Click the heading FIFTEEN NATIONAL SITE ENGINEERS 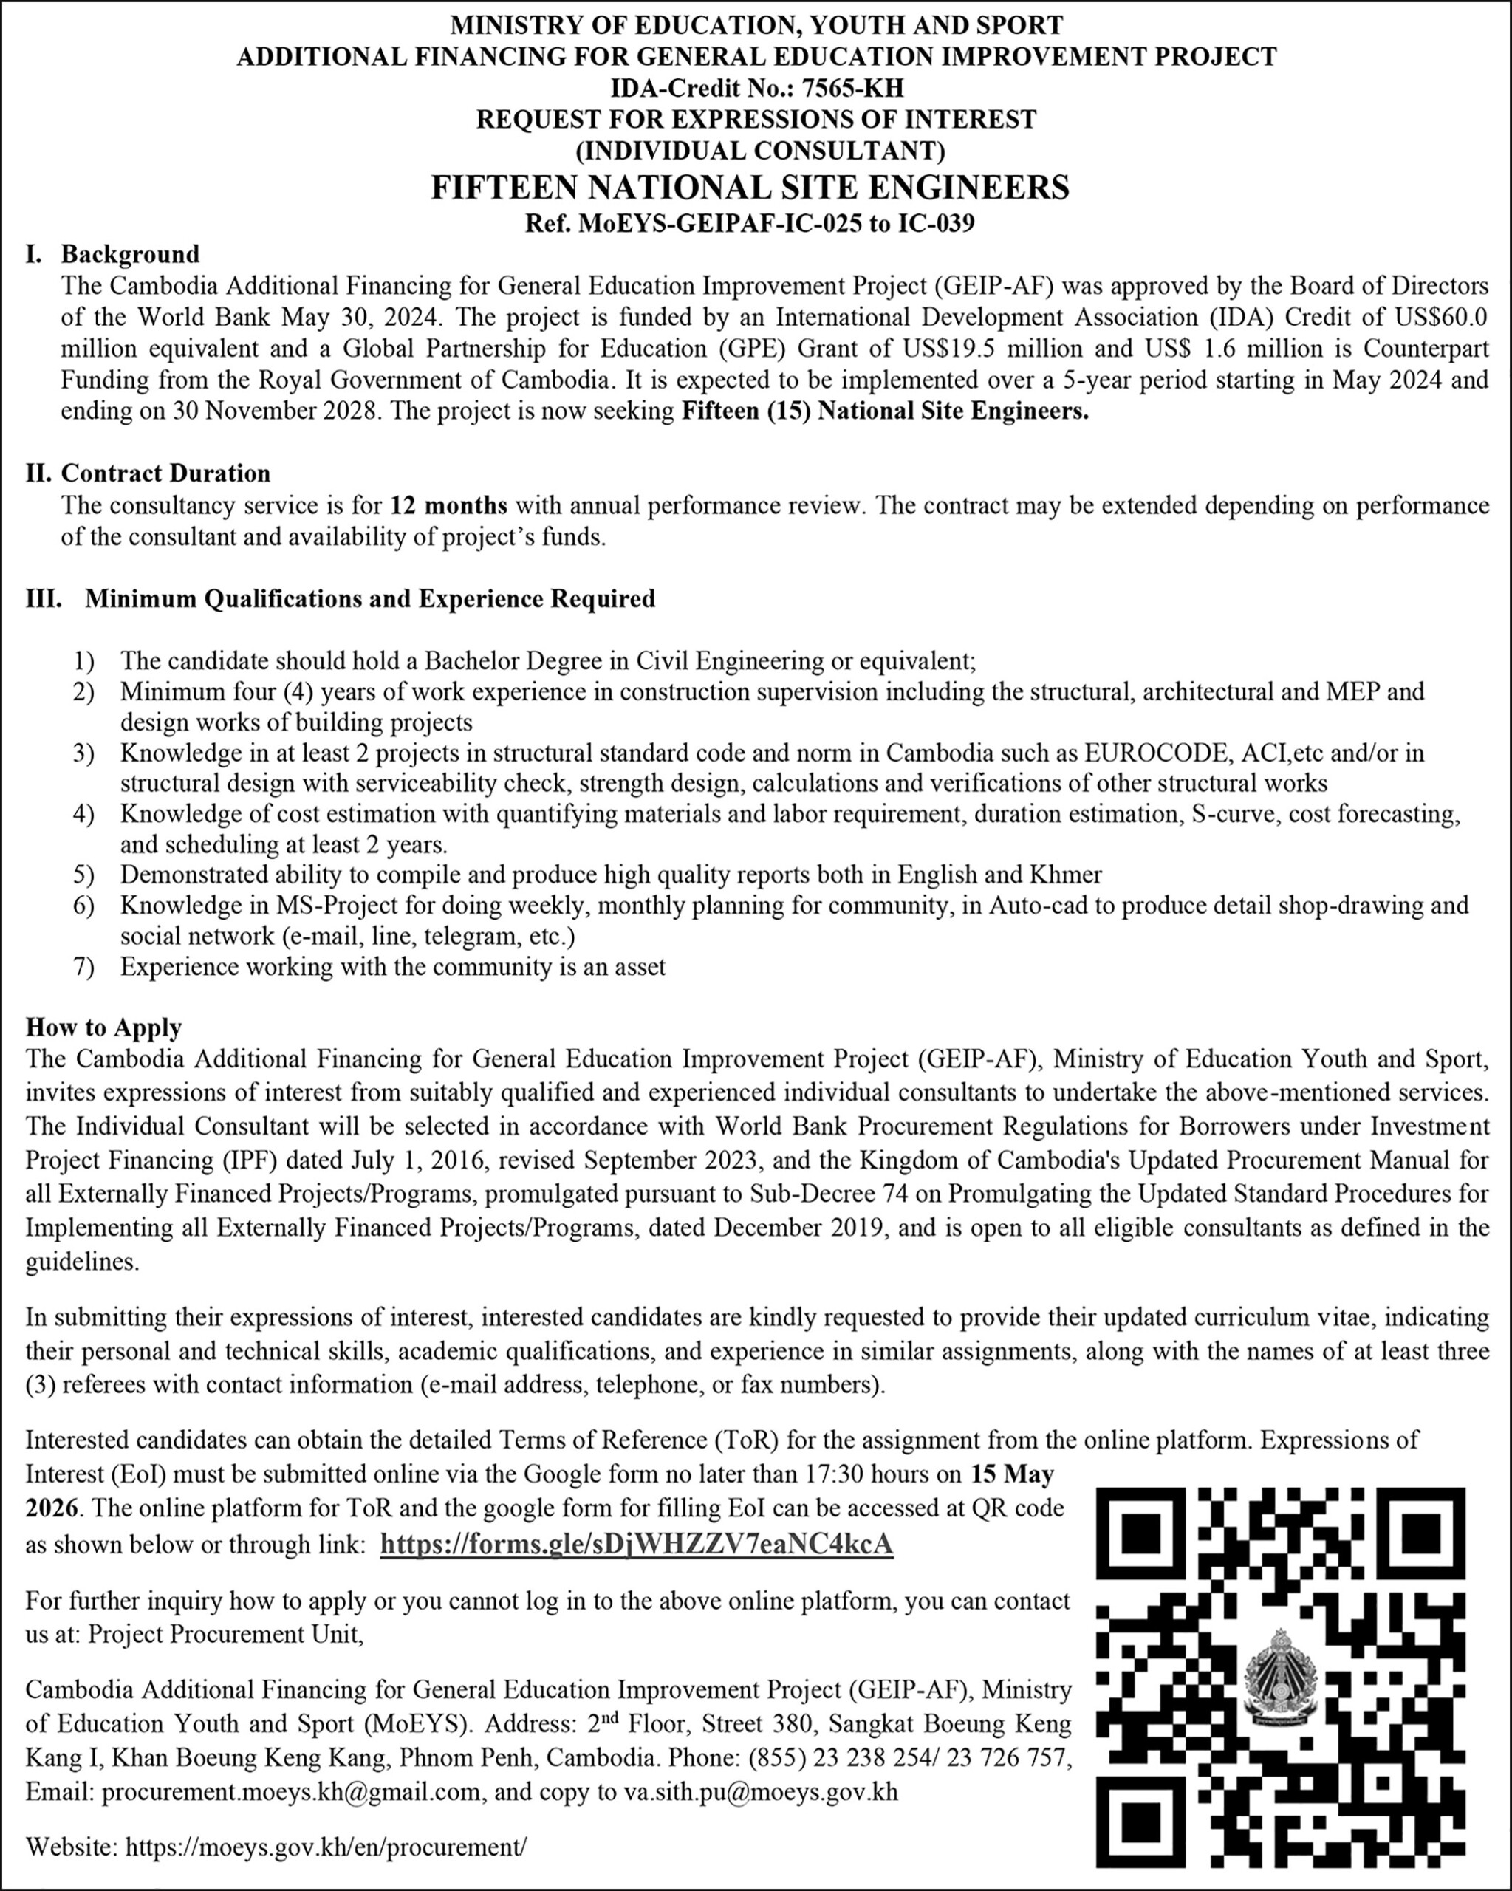pos(750,187)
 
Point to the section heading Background pos(130,254)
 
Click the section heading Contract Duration pos(165,473)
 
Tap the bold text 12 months pos(448,505)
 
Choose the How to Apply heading pos(103,1027)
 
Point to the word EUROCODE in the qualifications pos(1144,753)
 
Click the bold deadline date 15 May pos(1012,1474)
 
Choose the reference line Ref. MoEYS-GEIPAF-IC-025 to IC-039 pos(750,224)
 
